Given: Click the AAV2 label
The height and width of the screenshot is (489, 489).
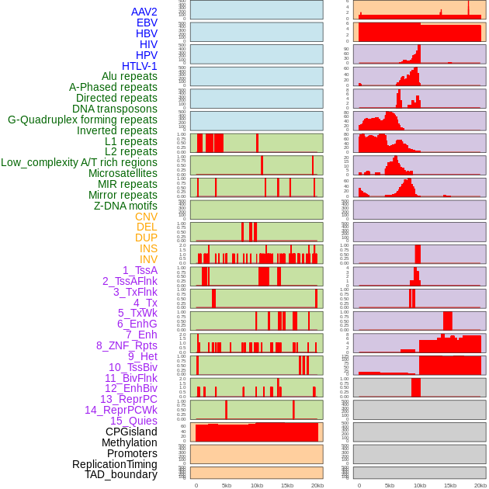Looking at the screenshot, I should coord(144,12).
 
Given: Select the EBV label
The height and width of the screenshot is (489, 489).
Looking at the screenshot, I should coord(147,23).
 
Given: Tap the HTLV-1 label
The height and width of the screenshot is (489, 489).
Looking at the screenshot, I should coord(140,66).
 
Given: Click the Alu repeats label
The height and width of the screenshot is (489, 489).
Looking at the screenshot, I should coord(130,76).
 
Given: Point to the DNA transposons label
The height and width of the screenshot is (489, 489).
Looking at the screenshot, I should coord(115,109).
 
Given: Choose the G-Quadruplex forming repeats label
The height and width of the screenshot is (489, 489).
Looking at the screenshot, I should coord(82,120).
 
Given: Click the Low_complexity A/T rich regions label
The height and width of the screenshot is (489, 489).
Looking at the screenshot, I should coord(79,162).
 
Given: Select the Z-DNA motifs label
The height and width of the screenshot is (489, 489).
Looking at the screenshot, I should coord(126,206).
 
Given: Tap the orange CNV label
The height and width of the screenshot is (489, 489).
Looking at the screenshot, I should coord(146,217).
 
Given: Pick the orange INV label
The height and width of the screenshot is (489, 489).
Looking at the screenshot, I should coord(148,259).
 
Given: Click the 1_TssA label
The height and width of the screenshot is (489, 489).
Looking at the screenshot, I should coord(140,270).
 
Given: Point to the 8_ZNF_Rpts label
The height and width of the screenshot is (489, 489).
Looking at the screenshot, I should coord(127,345).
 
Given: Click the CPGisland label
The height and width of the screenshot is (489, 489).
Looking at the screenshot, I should coord(131,432).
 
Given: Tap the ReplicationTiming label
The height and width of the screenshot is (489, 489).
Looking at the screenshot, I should coord(115,464).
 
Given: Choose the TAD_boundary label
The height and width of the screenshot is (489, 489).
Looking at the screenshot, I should coord(121,474).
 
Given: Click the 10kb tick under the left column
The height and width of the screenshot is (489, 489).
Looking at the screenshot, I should coord(256,485).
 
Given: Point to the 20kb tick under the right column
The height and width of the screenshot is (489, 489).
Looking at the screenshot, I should coord(480,485).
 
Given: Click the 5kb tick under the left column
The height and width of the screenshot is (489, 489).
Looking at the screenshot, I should coord(226,485).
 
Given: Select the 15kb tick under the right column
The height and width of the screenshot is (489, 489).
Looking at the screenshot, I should coord(450,485).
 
